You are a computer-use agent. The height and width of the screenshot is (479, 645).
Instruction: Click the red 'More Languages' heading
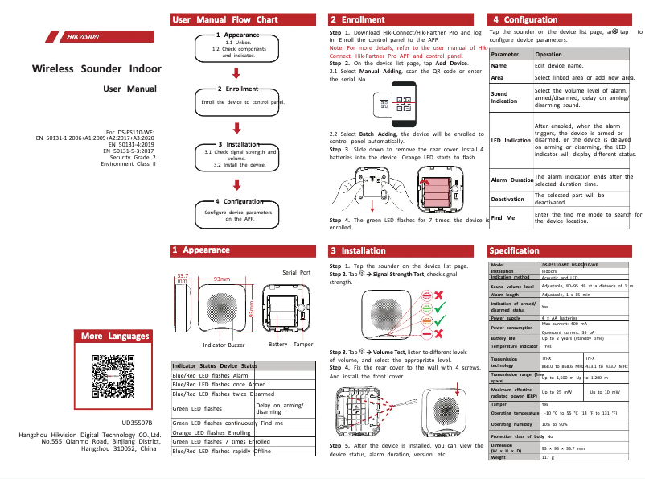115,336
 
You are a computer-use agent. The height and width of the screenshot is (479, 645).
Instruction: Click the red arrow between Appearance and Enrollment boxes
237,70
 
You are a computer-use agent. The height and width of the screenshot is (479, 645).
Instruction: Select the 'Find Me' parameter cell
503,218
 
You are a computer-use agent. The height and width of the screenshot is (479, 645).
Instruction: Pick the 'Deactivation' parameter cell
507,199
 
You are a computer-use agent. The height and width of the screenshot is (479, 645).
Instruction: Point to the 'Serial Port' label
296,272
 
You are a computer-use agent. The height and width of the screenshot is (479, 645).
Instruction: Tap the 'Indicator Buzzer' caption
224,345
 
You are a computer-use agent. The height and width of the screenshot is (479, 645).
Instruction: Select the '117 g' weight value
548,457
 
